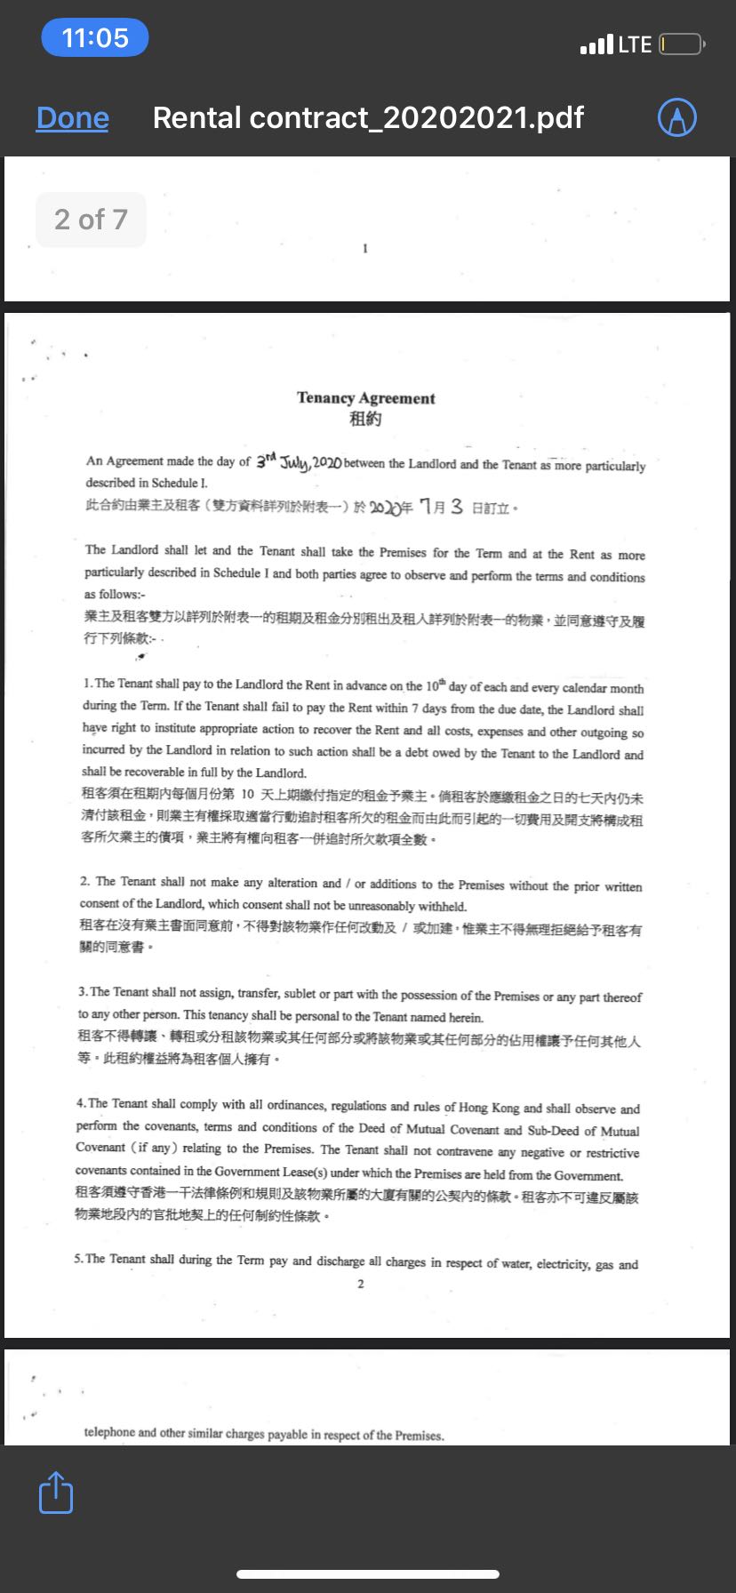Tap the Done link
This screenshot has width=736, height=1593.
(x=73, y=118)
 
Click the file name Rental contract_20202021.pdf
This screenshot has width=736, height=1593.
(x=368, y=118)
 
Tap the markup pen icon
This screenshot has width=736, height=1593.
(x=676, y=117)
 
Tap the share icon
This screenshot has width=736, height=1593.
(x=56, y=1493)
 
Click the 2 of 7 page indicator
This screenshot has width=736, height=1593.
(x=91, y=220)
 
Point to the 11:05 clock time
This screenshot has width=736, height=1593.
(x=95, y=38)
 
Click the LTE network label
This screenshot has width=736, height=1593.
(x=635, y=44)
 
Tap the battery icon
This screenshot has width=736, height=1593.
(x=681, y=44)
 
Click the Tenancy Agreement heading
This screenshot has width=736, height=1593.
(x=365, y=398)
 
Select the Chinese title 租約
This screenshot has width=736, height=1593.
(x=365, y=419)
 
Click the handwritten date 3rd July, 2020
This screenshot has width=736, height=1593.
(x=299, y=462)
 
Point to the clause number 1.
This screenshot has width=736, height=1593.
(x=86, y=684)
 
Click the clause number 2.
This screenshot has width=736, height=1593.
(x=84, y=881)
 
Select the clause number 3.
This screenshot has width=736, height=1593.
(x=82, y=991)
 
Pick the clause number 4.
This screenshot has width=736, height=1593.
(x=80, y=1103)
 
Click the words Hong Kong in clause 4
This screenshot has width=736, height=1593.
(x=488, y=1108)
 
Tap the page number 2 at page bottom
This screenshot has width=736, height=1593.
(x=360, y=1284)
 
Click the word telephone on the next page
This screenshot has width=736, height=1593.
(x=109, y=1432)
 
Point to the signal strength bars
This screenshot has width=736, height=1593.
(x=596, y=44)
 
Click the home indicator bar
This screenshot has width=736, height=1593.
(x=368, y=1574)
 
